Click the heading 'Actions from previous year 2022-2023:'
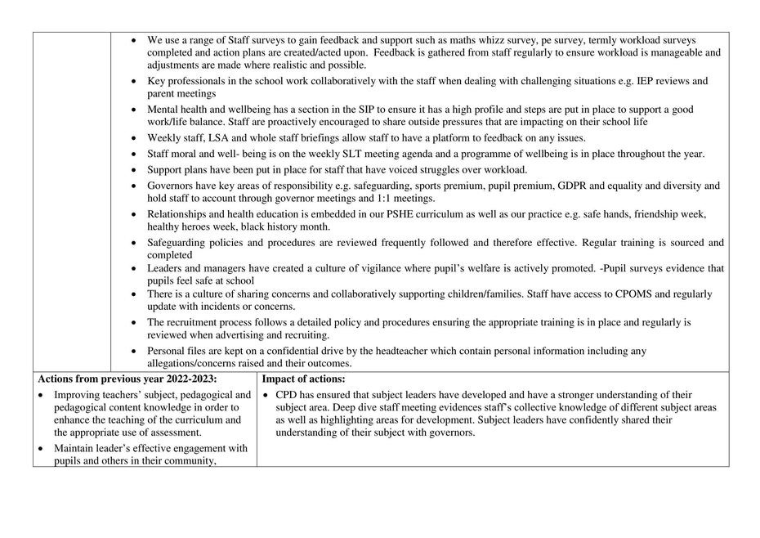pyautogui.click(x=127, y=379)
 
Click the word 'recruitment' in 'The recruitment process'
pyautogui.click(x=195, y=322)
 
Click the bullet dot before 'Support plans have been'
pyautogui.click(x=136, y=170)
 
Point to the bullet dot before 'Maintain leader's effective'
pyautogui.click(x=42, y=449)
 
